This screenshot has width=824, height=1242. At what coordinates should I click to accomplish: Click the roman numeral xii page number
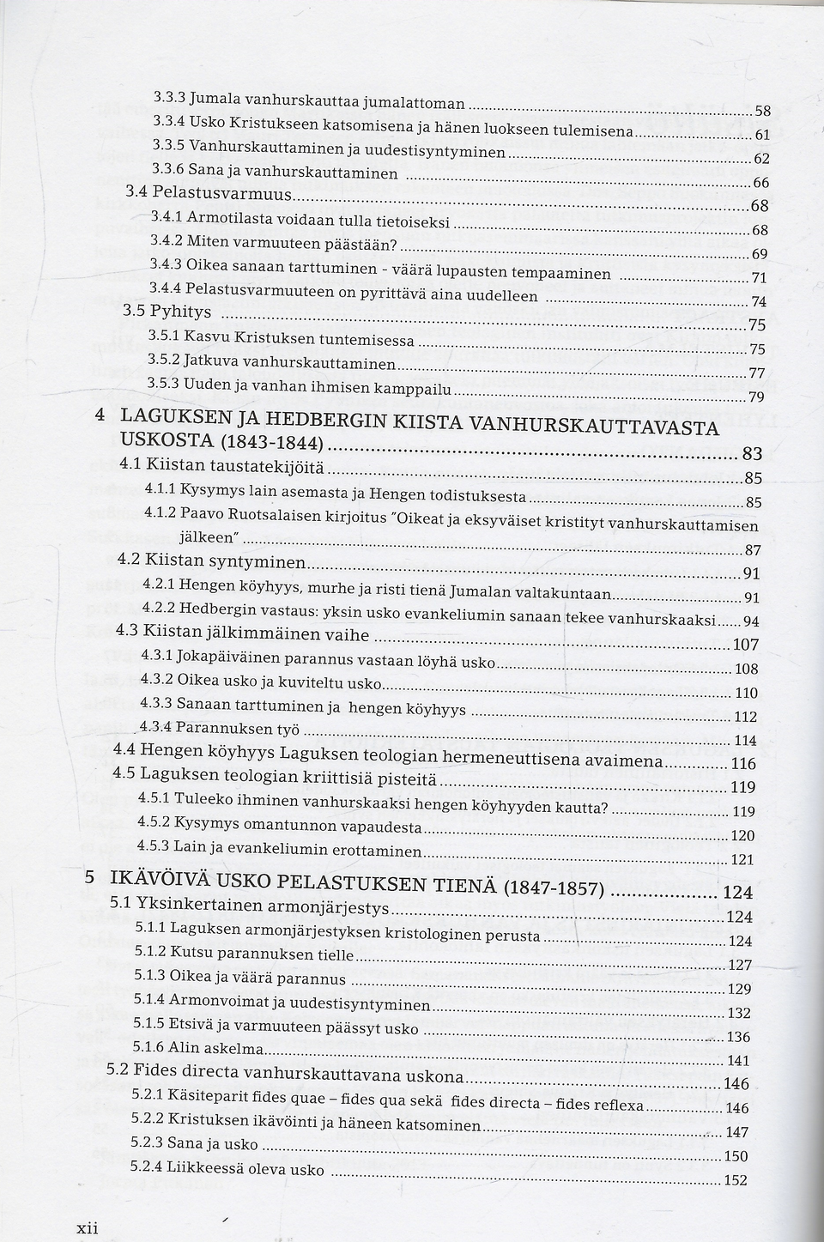coord(88,1228)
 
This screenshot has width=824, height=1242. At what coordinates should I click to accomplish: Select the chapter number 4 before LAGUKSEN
coord(100,414)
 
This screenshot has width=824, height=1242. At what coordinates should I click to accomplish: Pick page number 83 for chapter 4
coord(752,454)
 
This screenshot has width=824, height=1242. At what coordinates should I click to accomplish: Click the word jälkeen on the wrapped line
coord(206,538)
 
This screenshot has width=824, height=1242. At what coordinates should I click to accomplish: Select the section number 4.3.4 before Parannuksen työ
coord(157,727)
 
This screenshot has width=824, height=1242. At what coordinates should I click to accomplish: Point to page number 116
coord(742,763)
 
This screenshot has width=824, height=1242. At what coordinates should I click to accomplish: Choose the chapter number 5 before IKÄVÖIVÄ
coord(89,876)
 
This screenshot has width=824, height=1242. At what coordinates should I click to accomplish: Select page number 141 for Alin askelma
coord(737,1060)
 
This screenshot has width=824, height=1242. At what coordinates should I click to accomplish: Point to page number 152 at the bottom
coord(736,1180)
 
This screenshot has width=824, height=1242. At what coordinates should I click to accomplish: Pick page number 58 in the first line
coord(762,111)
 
